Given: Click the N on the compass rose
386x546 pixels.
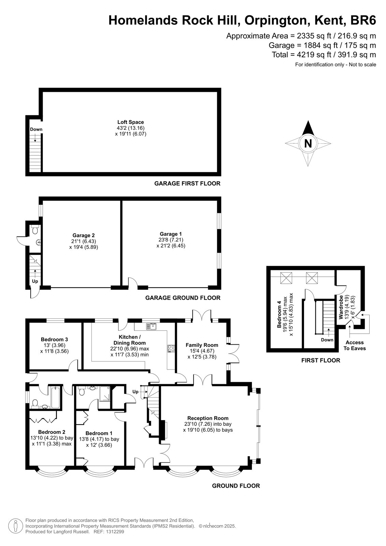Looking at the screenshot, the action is tap(308, 143).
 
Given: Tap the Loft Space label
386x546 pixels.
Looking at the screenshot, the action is tap(131, 122).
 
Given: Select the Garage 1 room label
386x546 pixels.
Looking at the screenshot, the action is tap(171, 234).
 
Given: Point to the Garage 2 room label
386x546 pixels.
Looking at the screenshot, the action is tap(83, 235).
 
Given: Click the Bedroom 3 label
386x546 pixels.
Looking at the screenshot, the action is tap(54, 339).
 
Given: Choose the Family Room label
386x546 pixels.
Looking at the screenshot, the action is tap(202, 345).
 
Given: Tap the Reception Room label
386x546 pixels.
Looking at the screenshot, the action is tap(208, 425).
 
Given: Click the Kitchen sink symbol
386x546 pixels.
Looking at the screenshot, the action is tap(152, 326).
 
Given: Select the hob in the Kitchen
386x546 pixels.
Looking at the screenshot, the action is tap(171, 348).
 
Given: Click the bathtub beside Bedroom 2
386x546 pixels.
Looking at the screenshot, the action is tap(55, 397).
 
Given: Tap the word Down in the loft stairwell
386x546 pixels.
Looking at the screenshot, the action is tap(36, 129).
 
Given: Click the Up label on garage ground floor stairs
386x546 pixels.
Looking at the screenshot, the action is tap(35, 281).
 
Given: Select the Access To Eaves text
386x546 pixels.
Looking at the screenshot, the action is tap(355, 345).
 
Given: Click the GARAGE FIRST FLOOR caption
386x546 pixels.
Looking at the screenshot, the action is tap(187, 184).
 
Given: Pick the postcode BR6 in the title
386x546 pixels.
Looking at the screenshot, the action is tap(363, 20).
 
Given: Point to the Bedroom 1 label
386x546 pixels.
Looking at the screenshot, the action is tap(99, 433).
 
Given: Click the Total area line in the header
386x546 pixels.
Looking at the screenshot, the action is tap(324, 55).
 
